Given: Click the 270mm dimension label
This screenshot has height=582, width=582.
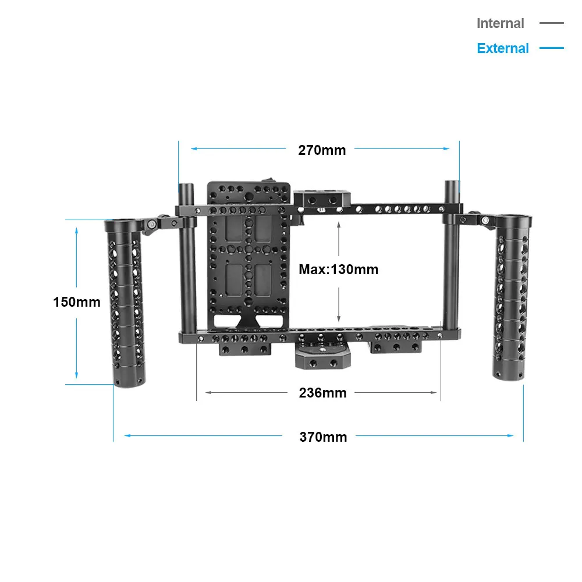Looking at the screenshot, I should pyautogui.click(x=322, y=150).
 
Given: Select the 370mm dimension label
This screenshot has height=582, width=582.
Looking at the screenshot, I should pyautogui.click(x=323, y=436).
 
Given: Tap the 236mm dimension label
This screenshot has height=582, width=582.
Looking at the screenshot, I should pyautogui.click(x=322, y=393).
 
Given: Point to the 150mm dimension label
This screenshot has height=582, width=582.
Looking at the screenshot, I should pyautogui.click(x=76, y=302).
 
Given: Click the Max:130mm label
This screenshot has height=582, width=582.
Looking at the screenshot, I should pyautogui.click(x=338, y=269).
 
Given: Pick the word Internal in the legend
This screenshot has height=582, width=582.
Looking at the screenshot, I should pyautogui.click(x=500, y=23).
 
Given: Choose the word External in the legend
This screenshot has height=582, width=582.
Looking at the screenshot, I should pyautogui.click(x=503, y=48).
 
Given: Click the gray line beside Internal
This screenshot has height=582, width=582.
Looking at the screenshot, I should pyautogui.click(x=551, y=23).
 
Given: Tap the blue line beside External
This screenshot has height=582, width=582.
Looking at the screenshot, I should pyautogui.click(x=551, y=48).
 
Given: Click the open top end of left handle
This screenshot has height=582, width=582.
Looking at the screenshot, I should pyautogui.click(x=118, y=223).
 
